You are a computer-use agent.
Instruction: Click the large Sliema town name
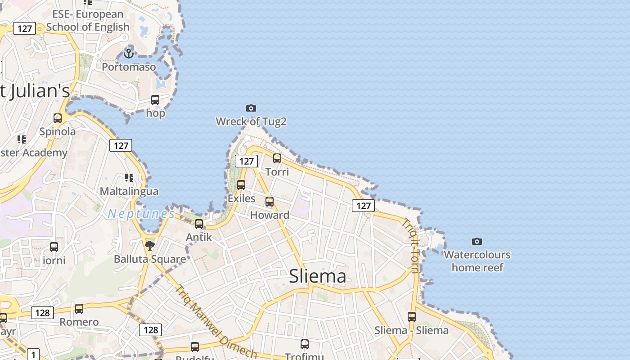(318, 276)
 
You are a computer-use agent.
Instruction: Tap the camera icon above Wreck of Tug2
(251, 108)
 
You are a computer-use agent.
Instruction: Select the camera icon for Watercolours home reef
(477, 242)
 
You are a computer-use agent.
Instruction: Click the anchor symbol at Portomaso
(129, 54)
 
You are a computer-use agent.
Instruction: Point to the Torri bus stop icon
(277, 158)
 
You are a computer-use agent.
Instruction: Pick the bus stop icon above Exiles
(241, 185)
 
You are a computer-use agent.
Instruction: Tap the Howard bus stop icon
(270, 202)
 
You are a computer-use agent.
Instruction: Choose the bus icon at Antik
(199, 224)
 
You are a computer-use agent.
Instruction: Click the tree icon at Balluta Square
(150, 245)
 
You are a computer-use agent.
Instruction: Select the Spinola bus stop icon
(58, 118)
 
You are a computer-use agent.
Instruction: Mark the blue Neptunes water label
(141, 214)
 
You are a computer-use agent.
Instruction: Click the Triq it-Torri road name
(410, 246)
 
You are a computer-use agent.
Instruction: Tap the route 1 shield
(34, 355)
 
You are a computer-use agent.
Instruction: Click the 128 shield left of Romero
(43, 313)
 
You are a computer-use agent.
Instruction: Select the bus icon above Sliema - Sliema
(412, 317)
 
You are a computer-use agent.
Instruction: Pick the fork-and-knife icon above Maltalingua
(129, 178)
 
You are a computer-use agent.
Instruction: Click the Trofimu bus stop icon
(305, 344)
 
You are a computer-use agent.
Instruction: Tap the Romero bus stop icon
(79, 309)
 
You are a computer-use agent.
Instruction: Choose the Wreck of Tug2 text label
(251, 121)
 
